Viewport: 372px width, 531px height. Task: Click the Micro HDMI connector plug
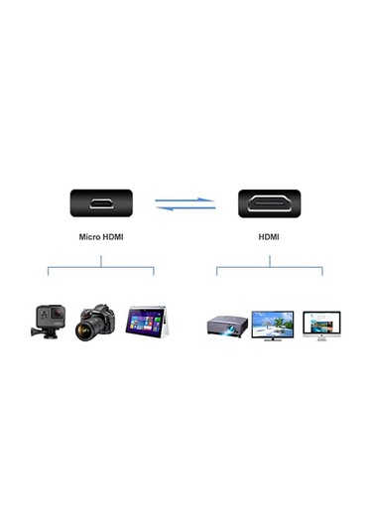click(x=100, y=203)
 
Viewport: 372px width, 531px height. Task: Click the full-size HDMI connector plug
click(x=269, y=203)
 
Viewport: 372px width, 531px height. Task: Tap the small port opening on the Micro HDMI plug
click(x=100, y=203)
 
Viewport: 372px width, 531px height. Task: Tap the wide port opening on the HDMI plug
click(x=269, y=203)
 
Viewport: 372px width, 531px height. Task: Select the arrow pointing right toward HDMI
click(x=186, y=199)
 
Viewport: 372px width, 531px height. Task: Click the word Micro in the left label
click(x=90, y=237)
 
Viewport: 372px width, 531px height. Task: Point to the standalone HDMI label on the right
click(x=269, y=237)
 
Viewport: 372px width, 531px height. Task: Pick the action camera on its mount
click(x=48, y=322)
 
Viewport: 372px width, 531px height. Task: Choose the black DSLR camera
click(x=96, y=321)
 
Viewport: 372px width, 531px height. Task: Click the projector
click(x=225, y=325)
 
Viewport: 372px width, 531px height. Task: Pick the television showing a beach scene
click(x=272, y=324)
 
